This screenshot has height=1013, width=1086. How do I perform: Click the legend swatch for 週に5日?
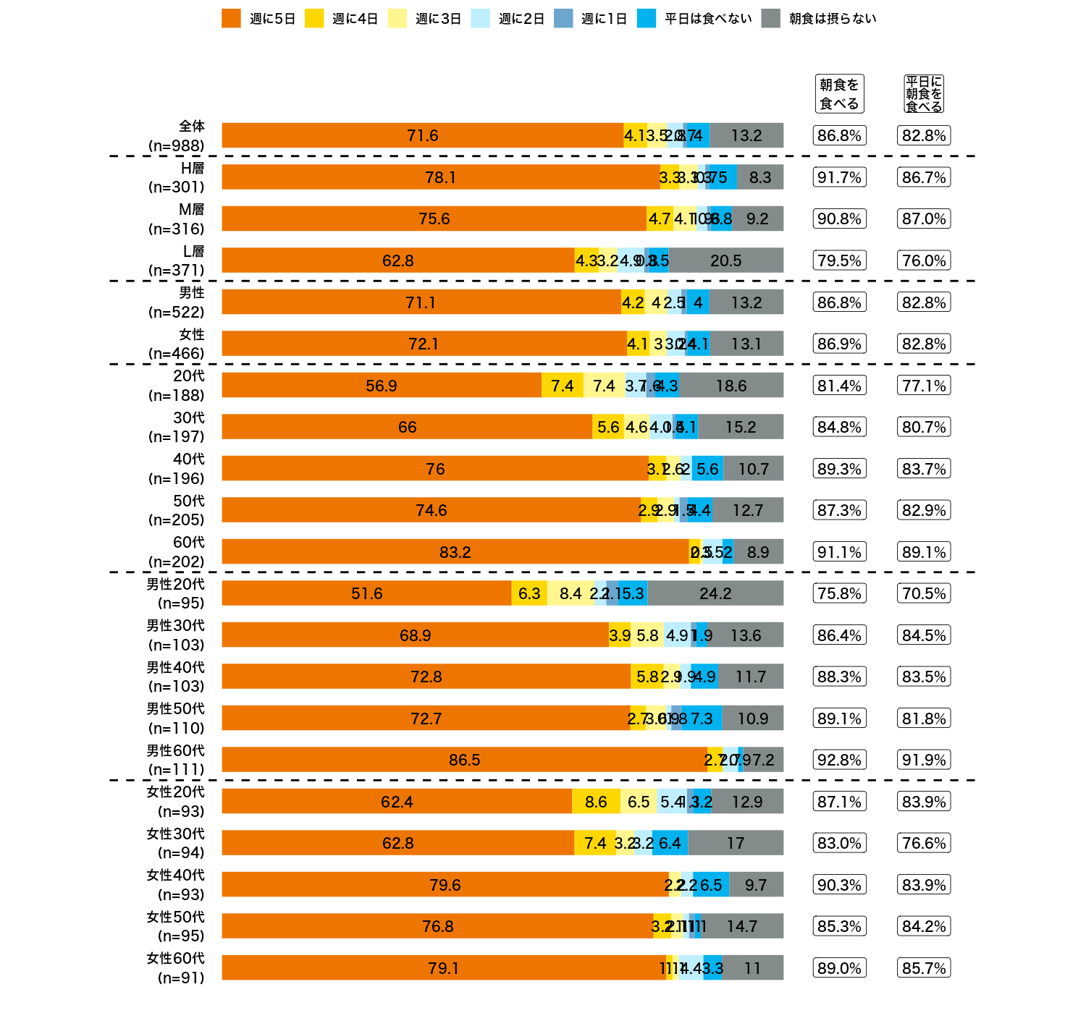[231, 19]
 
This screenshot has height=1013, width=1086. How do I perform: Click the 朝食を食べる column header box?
[839, 94]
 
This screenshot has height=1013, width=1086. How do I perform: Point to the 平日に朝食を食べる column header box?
[924, 94]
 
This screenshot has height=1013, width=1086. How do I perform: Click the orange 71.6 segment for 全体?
[422, 135]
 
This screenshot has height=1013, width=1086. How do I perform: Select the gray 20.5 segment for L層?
[725, 260]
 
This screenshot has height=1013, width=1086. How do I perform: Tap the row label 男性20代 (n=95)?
[176, 593]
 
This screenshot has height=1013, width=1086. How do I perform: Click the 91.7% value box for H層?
[839, 177]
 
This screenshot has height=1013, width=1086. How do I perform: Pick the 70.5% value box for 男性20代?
[924, 593]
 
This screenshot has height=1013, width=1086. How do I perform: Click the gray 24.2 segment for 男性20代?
[715, 593]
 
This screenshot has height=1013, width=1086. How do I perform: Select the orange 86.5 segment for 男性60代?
[464, 760]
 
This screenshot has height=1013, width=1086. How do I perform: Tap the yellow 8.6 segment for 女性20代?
[596, 802]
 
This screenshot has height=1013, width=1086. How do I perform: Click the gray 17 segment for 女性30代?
[736, 843]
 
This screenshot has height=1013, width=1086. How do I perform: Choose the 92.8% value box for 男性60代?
[839, 760]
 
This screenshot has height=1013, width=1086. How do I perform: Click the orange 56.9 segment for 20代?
[382, 386]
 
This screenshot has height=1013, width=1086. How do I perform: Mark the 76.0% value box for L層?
[924, 260]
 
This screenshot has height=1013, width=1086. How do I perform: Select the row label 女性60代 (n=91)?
[176, 968]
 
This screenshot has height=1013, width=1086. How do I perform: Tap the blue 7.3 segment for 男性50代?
[702, 719]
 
